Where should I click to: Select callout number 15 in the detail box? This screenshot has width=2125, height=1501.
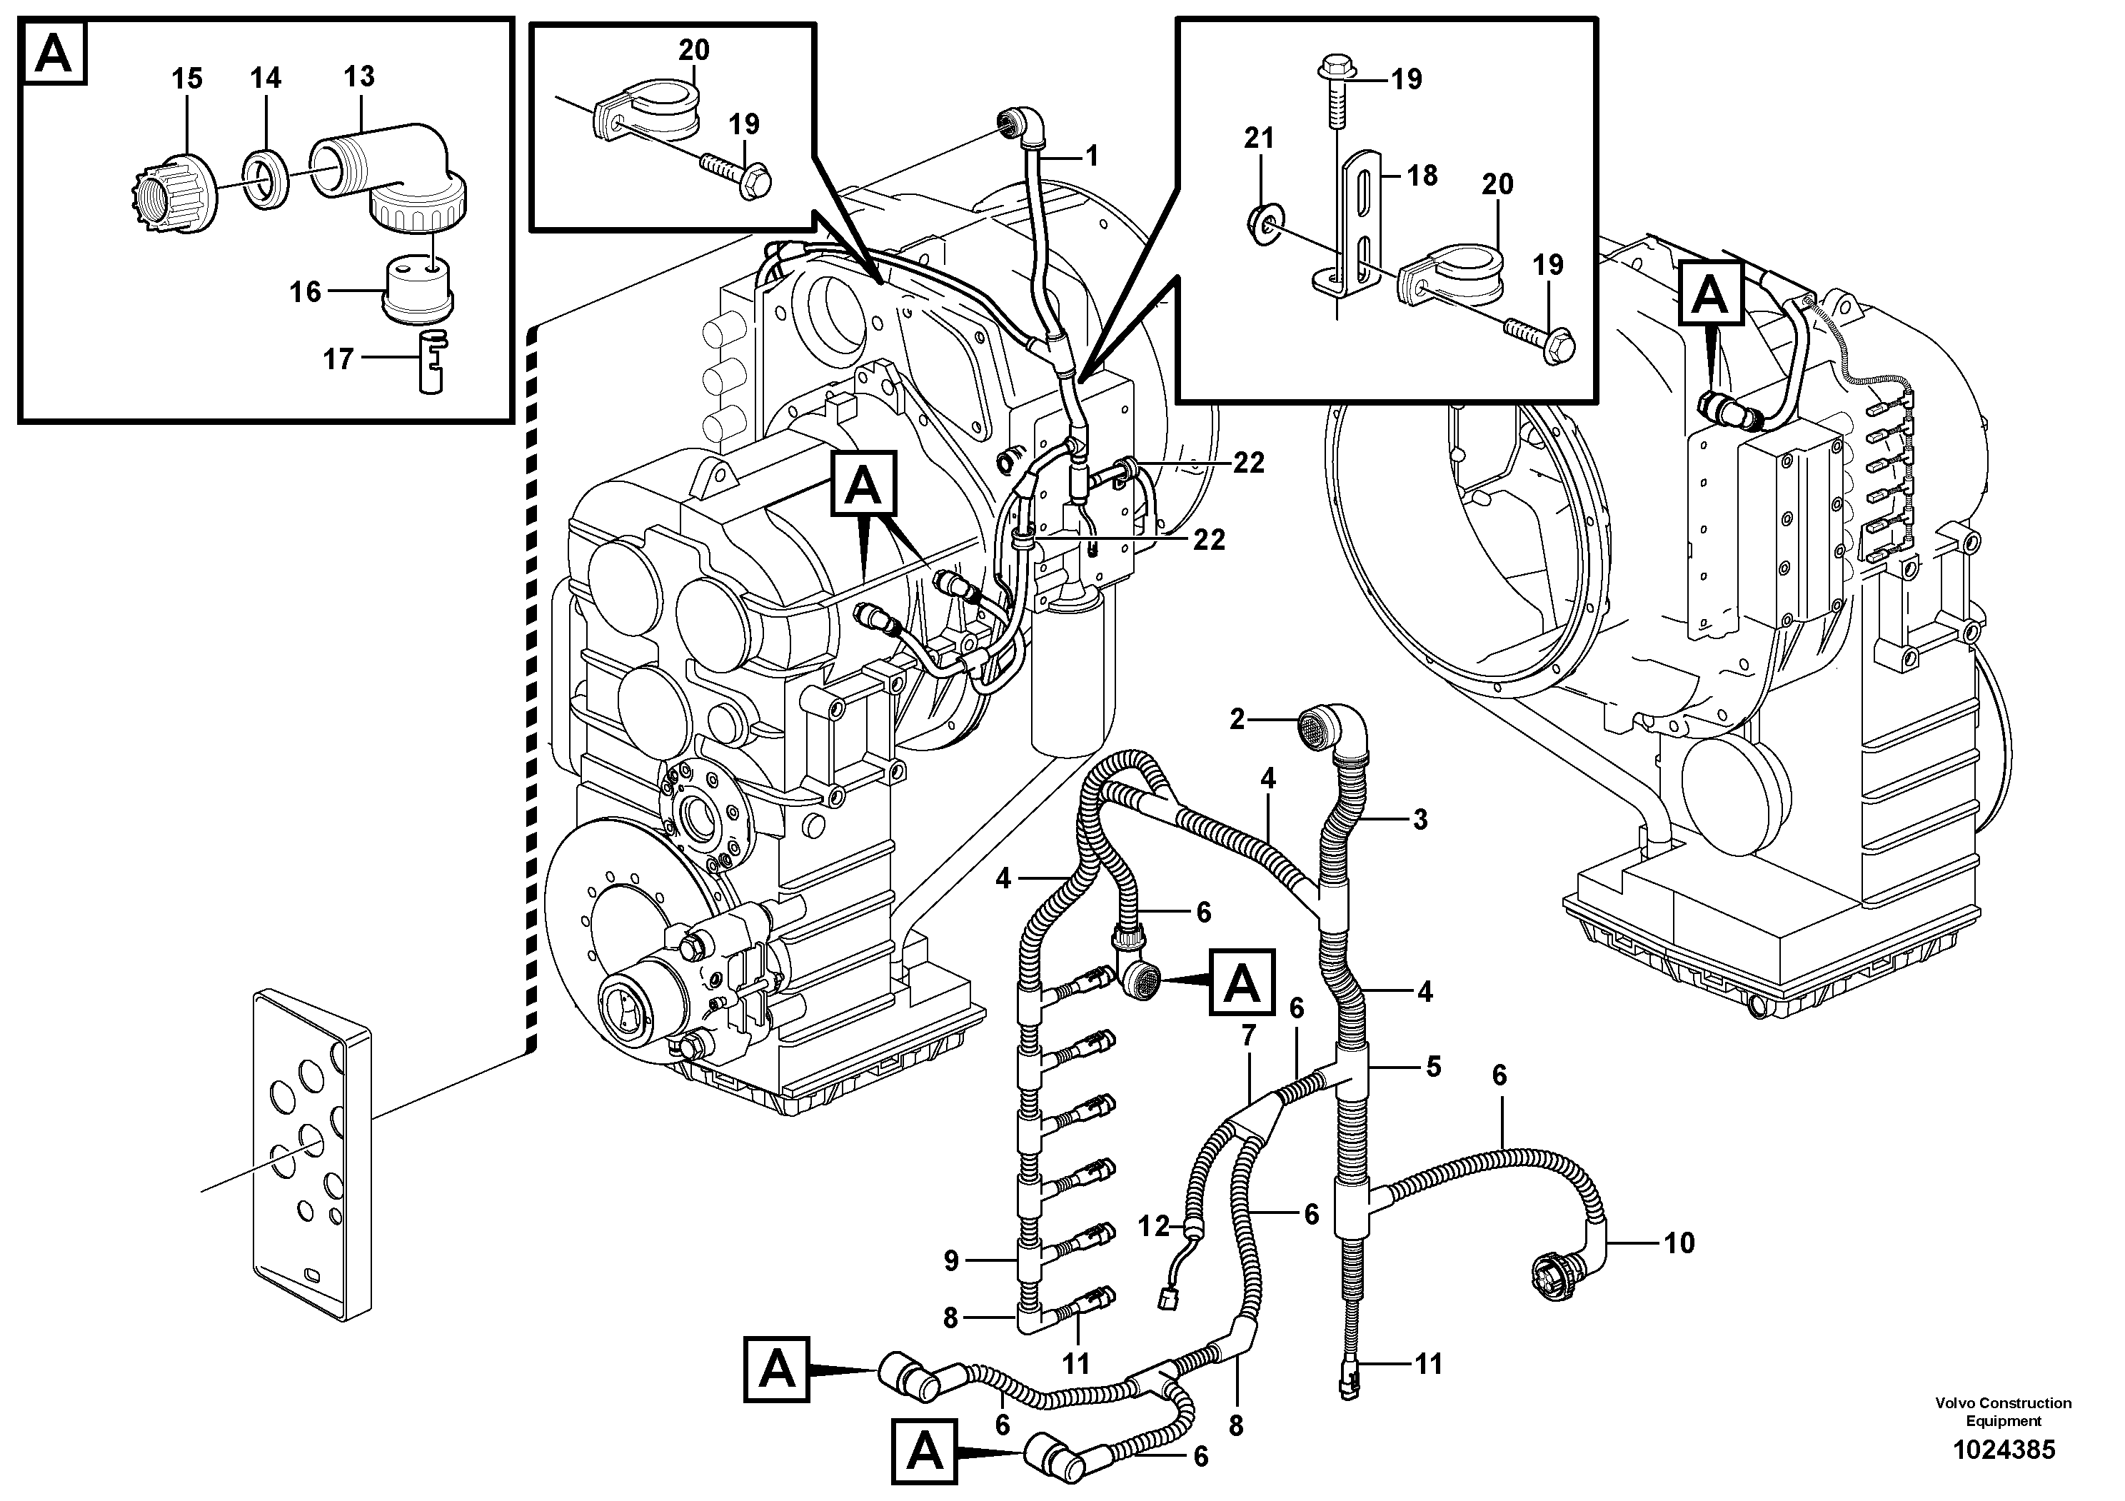pyautogui.click(x=187, y=79)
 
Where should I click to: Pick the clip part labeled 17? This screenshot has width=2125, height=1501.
pyautogui.click(x=431, y=362)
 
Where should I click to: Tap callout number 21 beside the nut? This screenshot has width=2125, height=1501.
pyautogui.click(x=1259, y=138)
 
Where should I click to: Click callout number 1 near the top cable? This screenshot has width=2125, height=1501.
pyautogui.click(x=1091, y=156)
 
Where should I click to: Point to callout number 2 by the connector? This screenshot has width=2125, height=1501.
pyautogui.click(x=1237, y=719)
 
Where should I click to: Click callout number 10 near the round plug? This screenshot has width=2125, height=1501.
pyautogui.click(x=1679, y=1242)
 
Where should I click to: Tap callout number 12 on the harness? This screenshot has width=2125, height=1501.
pyautogui.click(x=1153, y=1227)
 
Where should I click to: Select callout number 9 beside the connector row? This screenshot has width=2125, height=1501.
pyautogui.click(x=950, y=1260)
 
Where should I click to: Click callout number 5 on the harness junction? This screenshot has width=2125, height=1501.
pyautogui.click(x=1432, y=1067)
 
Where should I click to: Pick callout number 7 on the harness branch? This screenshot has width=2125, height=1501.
pyautogui.click(x=1249, y=1035)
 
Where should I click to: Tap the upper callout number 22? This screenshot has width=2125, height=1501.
pyautogui.click(x=1249, y=463)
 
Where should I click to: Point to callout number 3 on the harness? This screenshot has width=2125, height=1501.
pyautogui.click(x=1419, y=819)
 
